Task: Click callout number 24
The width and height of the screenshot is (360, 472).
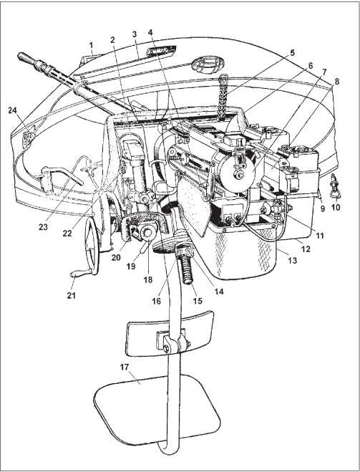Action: [x=12, y=111]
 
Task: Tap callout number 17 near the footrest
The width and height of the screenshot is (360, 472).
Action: [x=125, y=367]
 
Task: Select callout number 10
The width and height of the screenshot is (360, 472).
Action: [x=336, y=208]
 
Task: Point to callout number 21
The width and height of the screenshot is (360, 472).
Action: [x=72, y=295]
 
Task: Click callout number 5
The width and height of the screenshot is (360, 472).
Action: [x=292, y=52]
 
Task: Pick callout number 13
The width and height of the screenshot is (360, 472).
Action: [x=292, y=260]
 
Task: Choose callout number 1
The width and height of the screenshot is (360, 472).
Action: [x=91, y=45]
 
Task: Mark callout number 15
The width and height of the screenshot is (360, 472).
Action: [x=198, y=300]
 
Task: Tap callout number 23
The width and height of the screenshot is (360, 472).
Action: [x=43, y=226]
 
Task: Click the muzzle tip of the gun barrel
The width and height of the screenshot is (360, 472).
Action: [x=21, y=55]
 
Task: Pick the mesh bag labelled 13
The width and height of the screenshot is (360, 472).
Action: [x=243, y=253]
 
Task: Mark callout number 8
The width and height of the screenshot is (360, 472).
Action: [x=336, y=82]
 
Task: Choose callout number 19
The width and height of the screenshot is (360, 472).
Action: [x=131, y=266]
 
